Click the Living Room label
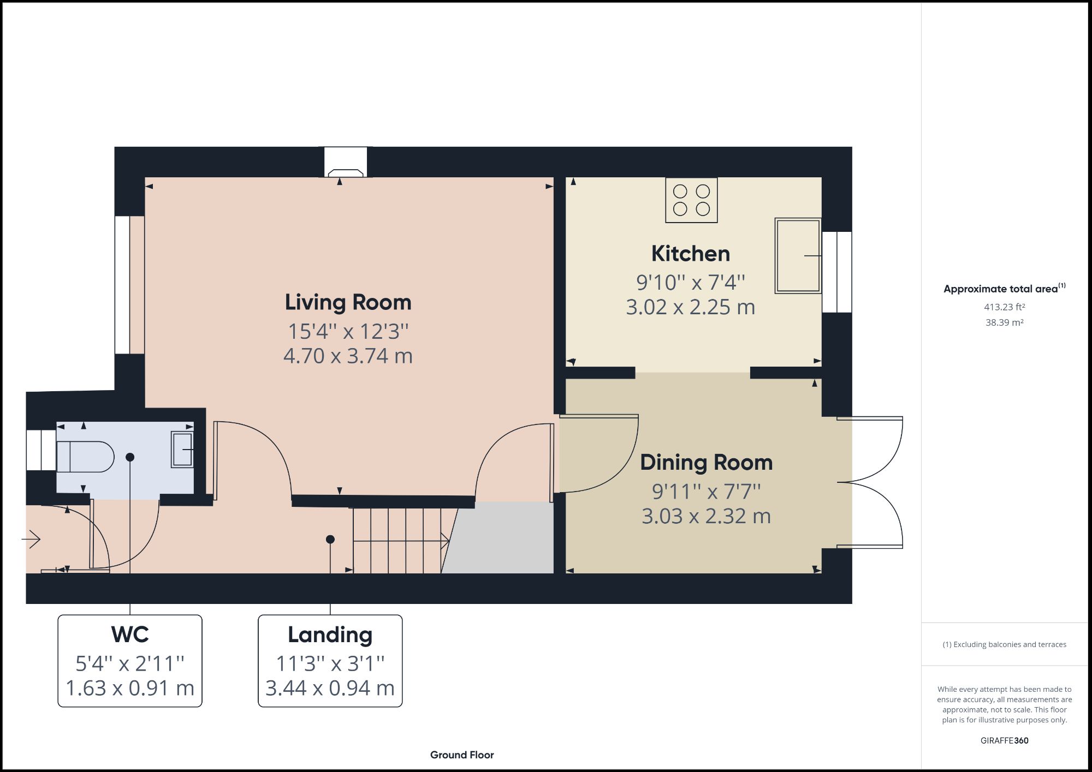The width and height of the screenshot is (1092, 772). [348, 302]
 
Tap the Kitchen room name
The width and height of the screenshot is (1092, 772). [690, 254]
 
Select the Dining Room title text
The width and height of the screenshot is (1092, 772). [706, 463]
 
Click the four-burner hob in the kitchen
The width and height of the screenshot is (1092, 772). [691, 200]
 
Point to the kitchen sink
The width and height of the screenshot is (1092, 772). [798, 255]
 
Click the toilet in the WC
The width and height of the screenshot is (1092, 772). [85, 457]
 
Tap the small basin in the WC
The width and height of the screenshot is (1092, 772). [182, 449]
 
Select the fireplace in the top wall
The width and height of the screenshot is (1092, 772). [346, 163]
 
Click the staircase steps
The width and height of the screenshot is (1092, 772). [397, 541]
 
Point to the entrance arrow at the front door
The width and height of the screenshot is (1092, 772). [32, 540]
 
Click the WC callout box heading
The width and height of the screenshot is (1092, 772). [130, 635]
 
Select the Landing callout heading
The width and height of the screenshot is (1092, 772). [330, 635]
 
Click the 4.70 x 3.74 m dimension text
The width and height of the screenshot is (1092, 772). [348, 356]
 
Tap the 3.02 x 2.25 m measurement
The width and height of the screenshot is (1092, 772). [690, 307]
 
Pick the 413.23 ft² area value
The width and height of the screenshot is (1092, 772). [1004, 307]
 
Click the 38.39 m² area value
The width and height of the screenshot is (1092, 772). [1004, 322]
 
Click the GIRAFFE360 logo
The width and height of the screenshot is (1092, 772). [1004, 740]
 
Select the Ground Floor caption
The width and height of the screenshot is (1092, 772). [462, 755]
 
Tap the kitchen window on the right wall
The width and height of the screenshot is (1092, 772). [837, 272]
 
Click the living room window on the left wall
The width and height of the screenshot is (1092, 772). [122, 285]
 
